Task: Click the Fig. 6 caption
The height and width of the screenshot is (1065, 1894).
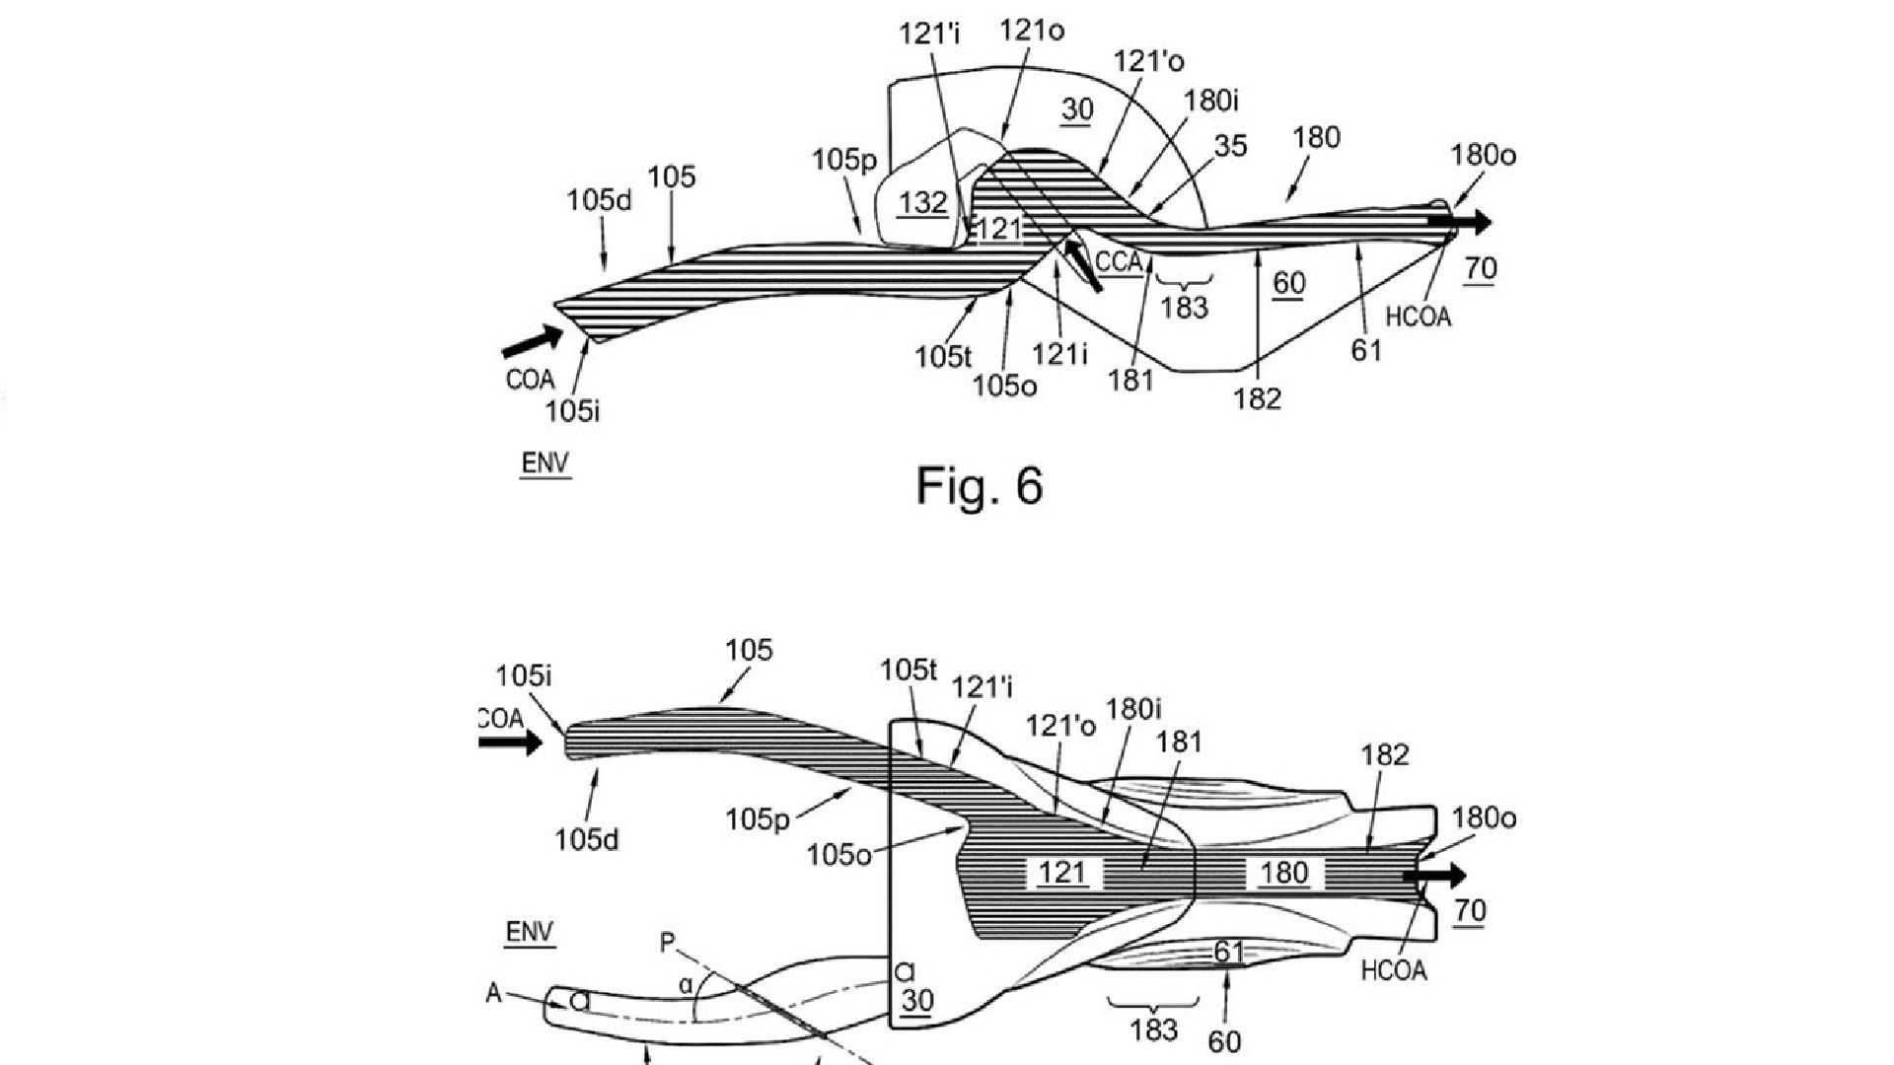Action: pos(980,485)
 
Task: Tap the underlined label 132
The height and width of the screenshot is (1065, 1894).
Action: pos(922,203)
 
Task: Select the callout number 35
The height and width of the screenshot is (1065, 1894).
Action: pos(1230,146)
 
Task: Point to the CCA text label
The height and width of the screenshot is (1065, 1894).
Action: pos(1119,263)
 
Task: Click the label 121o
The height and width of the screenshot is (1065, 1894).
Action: pos(1032,31)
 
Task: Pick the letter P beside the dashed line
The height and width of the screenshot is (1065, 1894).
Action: pos(668,943)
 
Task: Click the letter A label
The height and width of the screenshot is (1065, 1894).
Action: pos(494,993)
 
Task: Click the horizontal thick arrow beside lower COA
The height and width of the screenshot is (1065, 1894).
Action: pos(510,742)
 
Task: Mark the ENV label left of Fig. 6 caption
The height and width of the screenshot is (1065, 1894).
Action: pos(545,462)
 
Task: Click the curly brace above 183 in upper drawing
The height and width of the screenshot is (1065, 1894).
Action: pos(1183,280)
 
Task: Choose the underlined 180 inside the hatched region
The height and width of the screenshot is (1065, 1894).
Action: pos(1283,873)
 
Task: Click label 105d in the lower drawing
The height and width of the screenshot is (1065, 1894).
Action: pos(586,839)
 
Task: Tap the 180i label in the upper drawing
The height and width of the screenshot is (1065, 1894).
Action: pos(1210,100)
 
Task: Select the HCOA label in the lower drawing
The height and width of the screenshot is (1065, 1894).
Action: pos(1393,971)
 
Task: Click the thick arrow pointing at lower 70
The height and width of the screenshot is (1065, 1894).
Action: pos(1435,875)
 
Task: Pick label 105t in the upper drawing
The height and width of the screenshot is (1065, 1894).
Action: pos(942,356)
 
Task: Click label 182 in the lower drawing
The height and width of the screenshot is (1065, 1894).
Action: pos(1384,755)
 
